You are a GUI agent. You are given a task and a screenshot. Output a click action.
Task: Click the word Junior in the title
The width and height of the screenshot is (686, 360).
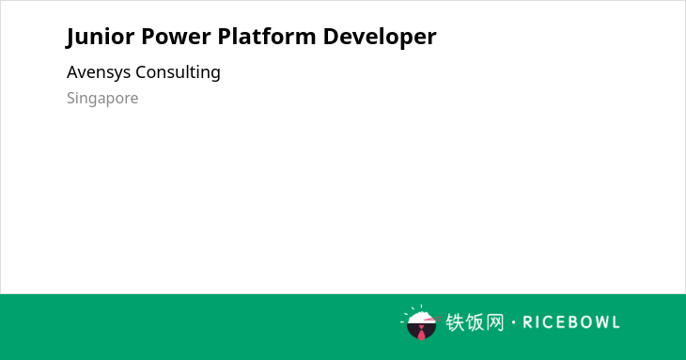click(101, 37)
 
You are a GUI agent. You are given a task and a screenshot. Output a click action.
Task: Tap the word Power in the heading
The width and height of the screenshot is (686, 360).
click(176, 36)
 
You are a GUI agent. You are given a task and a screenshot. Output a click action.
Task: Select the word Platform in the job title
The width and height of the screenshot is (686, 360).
click(267, 36)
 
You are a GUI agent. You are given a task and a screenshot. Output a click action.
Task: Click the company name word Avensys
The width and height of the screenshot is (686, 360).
click(99, 72)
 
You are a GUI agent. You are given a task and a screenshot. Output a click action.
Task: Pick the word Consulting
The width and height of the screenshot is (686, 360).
click(178, 72)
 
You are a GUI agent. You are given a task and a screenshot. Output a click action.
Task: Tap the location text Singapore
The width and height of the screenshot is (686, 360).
click(102, 99)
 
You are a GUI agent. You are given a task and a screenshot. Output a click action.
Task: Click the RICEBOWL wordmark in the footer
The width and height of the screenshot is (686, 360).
click(571, 322)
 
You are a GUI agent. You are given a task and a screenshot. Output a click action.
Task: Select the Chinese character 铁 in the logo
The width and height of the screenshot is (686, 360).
click(455, 322)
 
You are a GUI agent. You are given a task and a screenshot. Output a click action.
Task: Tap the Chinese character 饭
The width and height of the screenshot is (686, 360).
click(475, 322)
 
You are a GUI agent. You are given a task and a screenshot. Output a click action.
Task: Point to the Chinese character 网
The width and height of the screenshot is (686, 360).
click(494, 322)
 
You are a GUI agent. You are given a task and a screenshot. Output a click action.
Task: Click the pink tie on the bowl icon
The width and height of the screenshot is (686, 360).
click(421, 333)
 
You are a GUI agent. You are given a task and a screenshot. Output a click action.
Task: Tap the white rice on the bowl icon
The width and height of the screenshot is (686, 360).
click(420, 318)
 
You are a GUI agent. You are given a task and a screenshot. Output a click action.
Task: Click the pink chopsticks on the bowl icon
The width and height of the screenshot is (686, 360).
click(432, 320)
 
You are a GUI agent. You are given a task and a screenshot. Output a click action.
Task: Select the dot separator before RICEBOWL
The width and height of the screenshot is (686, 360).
click(514, 322)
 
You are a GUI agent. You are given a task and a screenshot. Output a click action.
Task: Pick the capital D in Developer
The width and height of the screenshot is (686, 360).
click(331, 37)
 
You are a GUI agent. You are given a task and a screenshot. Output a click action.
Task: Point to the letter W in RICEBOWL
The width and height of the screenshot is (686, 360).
click(598, 322)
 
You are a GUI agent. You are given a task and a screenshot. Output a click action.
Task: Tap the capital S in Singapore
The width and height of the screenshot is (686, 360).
click(71, 99)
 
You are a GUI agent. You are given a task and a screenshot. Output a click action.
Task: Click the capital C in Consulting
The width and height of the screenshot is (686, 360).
click(141, 72)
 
